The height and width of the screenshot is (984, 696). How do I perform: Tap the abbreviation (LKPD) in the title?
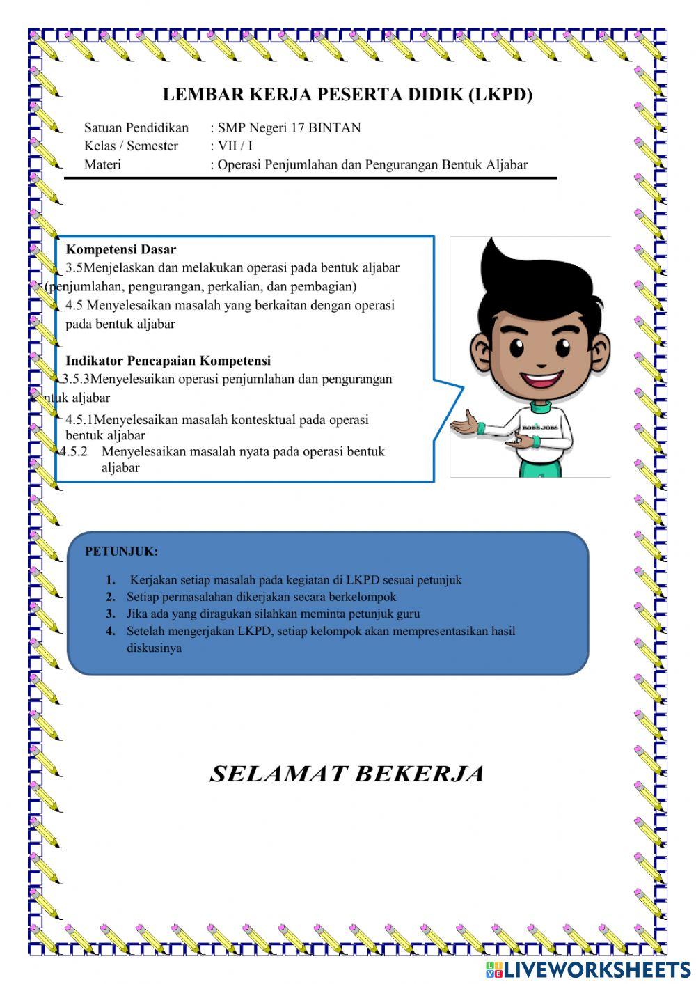(500, 95)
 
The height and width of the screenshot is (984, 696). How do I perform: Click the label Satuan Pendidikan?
(136, 127)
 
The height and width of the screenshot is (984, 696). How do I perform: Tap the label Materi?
(102, 164)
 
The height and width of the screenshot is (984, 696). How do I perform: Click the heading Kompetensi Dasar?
(120, 249)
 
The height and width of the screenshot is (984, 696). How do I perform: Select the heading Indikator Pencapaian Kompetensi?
(168, 361)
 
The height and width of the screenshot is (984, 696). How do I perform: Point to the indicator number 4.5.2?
(74, 451)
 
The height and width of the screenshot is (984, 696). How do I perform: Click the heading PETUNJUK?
(121, 552)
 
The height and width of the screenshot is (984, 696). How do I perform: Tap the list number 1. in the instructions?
(111, 580)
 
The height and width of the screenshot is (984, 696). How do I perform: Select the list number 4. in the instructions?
(111, 632)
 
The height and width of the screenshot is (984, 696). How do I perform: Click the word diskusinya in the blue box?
(154, 648)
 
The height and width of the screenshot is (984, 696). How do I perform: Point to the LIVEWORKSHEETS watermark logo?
(588, 969)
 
